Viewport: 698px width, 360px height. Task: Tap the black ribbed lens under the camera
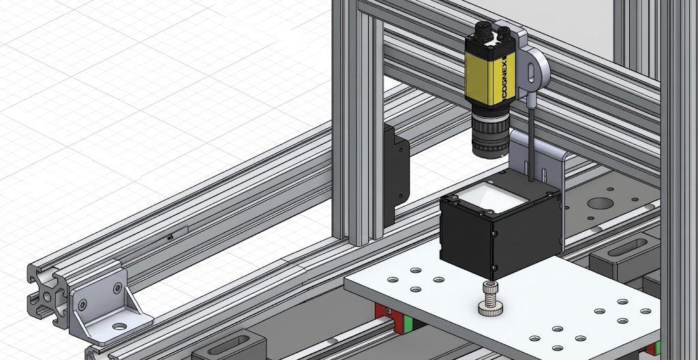point(491,132)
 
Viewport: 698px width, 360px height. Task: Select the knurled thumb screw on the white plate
point(490,299)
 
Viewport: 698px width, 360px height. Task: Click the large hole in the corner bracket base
point(119,327)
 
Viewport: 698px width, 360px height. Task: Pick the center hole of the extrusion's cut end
point(47,297)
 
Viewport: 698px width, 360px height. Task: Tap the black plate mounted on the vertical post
point(396,175)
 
